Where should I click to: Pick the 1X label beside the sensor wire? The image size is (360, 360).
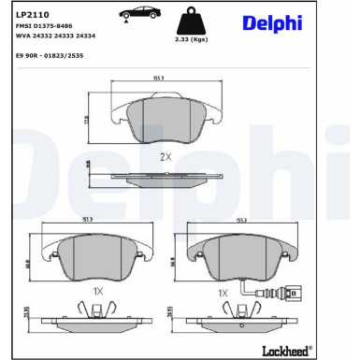pos(223,293)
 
